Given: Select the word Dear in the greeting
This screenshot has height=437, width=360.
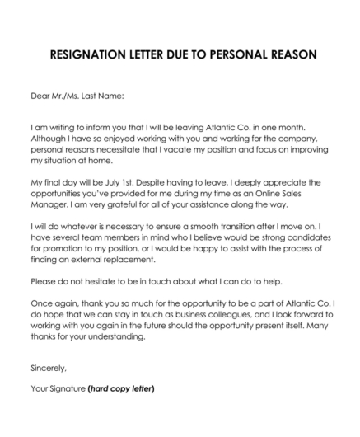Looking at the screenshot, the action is [x=40, y=96].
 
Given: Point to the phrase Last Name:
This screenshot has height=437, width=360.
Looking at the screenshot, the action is [x=103, y=96].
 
